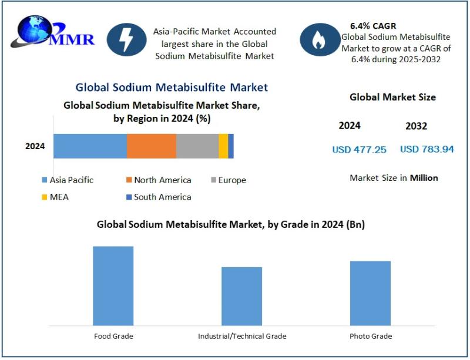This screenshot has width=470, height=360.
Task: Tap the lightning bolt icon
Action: (125, 39)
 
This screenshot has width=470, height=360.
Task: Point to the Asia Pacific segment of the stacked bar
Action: (90, 146)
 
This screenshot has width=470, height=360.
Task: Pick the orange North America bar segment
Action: (152, 146)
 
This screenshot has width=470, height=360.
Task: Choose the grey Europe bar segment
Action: (197, 146)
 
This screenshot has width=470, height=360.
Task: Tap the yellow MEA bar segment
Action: (223, 146)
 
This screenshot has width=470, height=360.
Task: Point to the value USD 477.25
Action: (359, 150)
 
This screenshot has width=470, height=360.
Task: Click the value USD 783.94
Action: (427, 149)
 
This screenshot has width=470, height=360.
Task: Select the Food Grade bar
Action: (113, 285)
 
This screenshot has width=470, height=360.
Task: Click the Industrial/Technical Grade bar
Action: (241, 295)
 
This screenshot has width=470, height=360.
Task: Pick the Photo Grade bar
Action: (370, 292)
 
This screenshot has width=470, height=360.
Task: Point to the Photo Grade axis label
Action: (370, 337)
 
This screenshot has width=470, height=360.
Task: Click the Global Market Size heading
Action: (392, 97)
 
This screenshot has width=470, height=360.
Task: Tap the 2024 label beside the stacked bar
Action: (35, 146)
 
